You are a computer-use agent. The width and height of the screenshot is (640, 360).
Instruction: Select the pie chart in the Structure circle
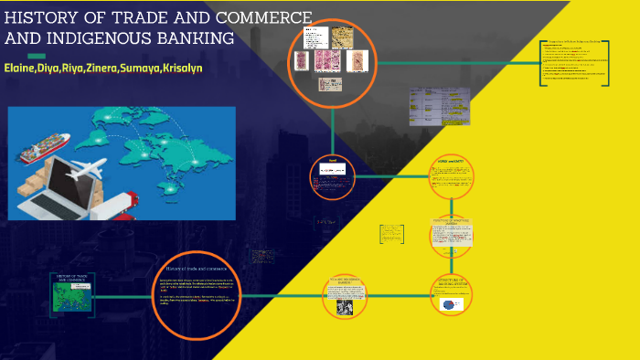[452, 305]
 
